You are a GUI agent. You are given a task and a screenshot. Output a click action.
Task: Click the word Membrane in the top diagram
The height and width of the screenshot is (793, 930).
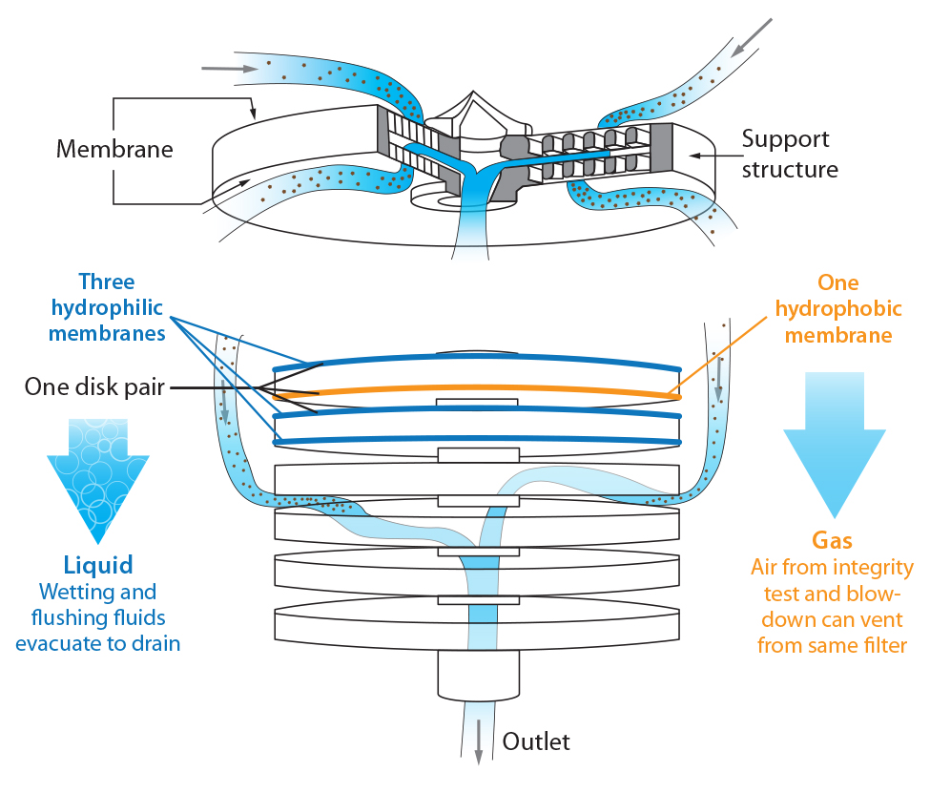click(115, 150)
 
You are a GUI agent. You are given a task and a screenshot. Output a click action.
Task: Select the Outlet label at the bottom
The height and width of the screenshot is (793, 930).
click(536, 741)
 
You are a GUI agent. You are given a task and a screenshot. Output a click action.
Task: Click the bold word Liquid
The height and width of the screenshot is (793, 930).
click(98, 563)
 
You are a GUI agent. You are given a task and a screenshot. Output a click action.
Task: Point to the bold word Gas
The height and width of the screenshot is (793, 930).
click(835, 540)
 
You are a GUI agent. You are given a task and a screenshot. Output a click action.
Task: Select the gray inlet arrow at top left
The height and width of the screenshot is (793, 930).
click(229, 69)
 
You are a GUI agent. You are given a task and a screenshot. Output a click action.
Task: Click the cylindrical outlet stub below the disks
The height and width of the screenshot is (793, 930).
click(478, 674)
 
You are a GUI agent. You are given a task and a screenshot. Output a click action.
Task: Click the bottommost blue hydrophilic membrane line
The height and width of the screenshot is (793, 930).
click(477, 441)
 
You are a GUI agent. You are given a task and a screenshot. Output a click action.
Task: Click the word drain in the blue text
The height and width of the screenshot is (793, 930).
click(153, 643)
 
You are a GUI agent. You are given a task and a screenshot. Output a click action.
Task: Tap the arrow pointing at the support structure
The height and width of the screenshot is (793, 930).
click(707, 153)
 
